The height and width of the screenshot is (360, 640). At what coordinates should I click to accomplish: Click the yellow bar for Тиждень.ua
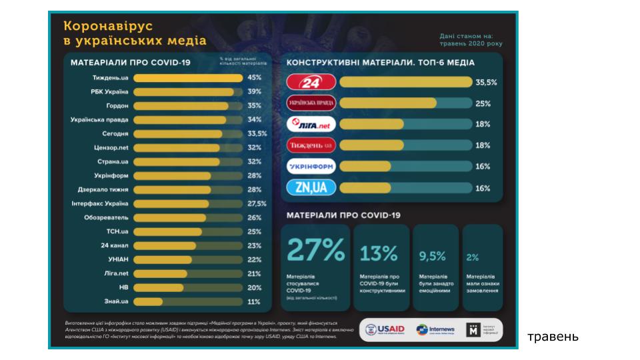(x=188, y=78)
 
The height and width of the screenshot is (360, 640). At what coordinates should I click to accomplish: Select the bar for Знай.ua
(x=148, y=302)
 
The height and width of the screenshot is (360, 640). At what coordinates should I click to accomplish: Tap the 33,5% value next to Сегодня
(x=257, y=134)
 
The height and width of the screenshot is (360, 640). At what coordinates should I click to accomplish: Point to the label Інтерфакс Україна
(x=99, y=204)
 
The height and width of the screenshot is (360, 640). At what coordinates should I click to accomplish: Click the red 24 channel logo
(x=310, y=83)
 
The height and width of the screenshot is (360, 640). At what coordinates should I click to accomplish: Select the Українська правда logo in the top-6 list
(x=310, y=103)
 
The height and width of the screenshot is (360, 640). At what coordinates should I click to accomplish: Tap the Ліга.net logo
(x=310, y=125)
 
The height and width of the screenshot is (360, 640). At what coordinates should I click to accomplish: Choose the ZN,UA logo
(x=310, y=188)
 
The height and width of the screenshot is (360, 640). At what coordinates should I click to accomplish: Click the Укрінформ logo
(x=310, y=167)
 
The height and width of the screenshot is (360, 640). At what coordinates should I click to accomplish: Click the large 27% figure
(x=316, y=250)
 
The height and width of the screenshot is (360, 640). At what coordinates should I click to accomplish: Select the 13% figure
(x=379, y=253)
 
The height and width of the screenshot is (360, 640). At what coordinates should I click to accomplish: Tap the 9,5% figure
(x=432, y=255)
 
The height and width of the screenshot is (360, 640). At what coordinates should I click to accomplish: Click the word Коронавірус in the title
(x=108, y=26)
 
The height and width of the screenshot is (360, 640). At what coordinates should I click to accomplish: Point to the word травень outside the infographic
(x=553, y=337)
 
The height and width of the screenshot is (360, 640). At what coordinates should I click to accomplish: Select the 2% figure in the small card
(x=473, y=257)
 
